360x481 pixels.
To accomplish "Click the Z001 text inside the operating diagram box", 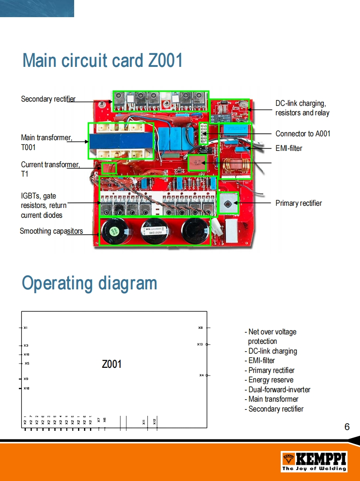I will (111, 364).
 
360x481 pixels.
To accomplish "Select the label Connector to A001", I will (303, 134).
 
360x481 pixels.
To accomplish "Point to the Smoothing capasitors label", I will (51, 231).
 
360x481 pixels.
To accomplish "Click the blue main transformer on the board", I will (120, 141).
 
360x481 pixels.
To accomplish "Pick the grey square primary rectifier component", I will (228, 203).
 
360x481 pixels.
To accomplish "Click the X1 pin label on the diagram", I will (26, 328).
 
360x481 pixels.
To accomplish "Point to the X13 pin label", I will (200, 344).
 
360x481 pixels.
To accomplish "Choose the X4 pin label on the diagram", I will (201, 375).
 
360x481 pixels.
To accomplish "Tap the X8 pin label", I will (200, 328).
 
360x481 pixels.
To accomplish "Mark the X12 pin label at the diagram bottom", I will (155, 421).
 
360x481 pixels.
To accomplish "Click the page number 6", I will (347, 427).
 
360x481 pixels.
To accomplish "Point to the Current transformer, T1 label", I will (50, 169).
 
